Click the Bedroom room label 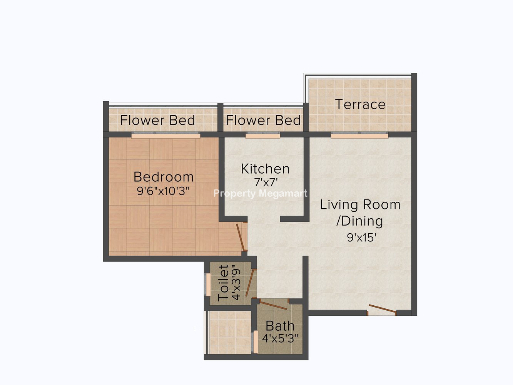tap(163, 177)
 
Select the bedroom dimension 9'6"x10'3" tap(163, 191)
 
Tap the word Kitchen tap(265, 169)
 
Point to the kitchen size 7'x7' tap(266, 182)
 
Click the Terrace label tap(360, 104)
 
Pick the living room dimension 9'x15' tap(361, 238)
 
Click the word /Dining tap(359, 221)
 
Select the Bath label tap(280, 326)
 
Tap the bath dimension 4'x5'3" tap(280, 338)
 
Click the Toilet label tap(224, 283)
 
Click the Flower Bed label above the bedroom tap(157, 120)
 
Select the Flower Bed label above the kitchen tap(263, 120)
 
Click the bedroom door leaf tap(240, 237)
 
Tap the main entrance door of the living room tap(383, 308)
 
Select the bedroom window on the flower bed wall tap(166, 136)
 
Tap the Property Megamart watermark tap(261, 194)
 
